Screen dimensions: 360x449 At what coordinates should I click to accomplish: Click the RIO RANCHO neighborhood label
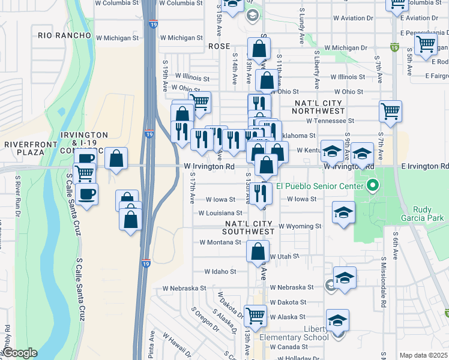(x=65, y=35)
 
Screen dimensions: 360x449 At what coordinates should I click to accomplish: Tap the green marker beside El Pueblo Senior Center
(x=372, y=185)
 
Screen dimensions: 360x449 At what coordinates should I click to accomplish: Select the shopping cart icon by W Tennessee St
(x=390, y=111)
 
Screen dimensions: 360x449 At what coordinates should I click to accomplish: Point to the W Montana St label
(x=220, y=242)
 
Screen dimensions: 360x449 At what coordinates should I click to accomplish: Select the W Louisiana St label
(x=221, y=212)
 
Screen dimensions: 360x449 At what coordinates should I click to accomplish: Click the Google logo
(x=19, y=353)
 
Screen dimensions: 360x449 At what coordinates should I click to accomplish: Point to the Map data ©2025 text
(x=424, y=355)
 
